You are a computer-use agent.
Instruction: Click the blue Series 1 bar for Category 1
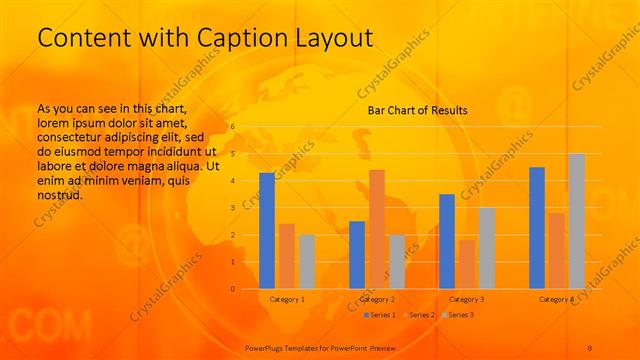click(267, 230)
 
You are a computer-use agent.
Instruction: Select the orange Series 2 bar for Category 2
click(377, 229)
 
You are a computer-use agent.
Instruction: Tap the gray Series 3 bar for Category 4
click(576, 221)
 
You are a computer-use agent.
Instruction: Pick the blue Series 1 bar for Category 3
click(447, 241)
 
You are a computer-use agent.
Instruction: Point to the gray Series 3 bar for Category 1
click(306, 261)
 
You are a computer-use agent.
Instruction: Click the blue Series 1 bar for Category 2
click(357, 254)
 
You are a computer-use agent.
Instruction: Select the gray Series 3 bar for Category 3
click(486, 248)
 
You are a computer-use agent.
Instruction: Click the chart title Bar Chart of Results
click(418, 110)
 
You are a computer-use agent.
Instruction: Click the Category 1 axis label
click(288, 299)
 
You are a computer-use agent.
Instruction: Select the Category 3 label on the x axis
click(467, 299)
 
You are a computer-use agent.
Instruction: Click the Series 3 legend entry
click(460, 315)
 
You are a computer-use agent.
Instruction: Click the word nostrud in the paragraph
click(59, 195)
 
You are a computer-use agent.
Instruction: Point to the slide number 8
click(589, 347)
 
